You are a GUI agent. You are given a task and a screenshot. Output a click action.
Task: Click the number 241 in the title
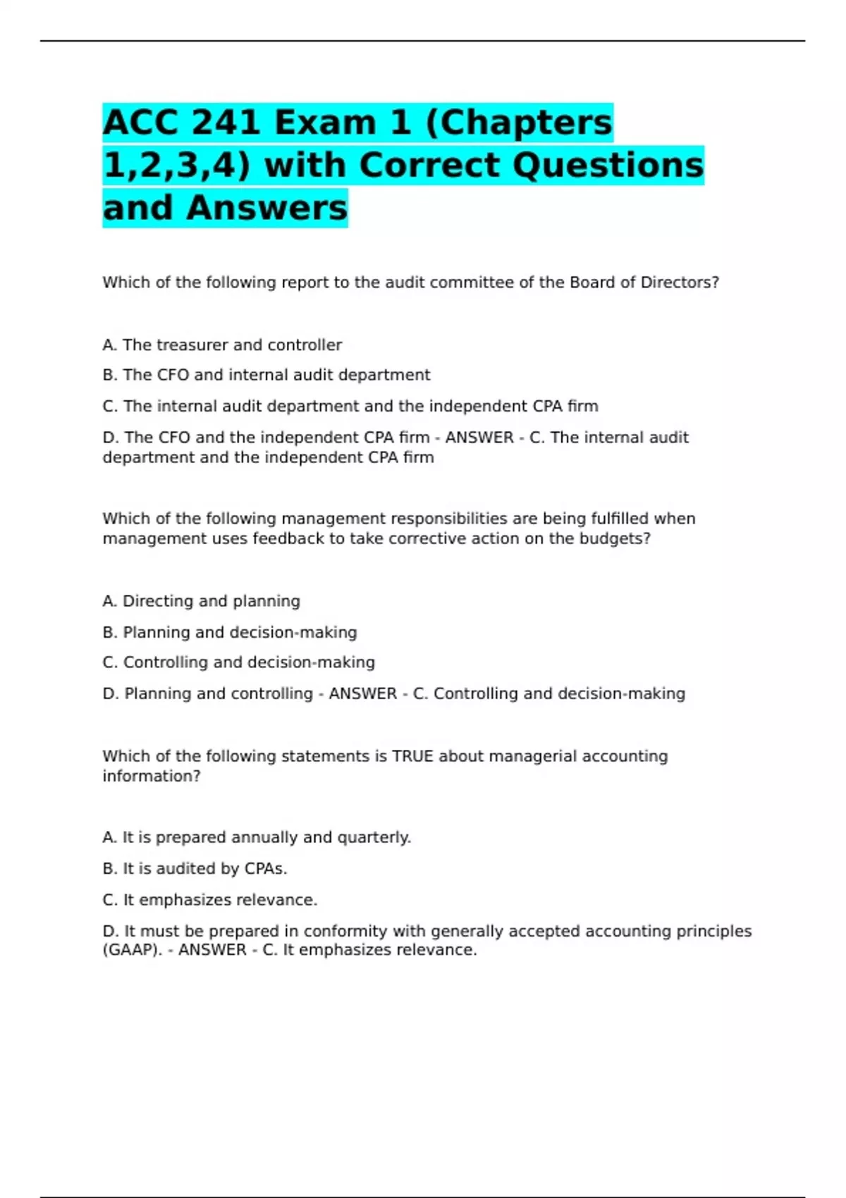226,123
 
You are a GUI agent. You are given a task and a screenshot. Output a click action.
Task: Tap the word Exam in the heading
325,123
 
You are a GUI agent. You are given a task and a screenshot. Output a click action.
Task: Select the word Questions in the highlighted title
608,166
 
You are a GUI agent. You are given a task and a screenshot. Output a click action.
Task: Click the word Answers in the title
267,208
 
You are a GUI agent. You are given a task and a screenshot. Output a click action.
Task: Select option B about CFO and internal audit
266,375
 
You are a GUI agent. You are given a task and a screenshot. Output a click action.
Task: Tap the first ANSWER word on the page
479,438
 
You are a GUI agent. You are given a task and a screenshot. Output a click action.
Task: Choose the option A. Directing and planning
202,601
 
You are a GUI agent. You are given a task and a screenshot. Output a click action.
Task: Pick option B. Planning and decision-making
230,632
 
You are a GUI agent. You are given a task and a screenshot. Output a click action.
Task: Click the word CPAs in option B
265,869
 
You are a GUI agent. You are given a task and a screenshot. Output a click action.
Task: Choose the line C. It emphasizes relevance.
210,900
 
